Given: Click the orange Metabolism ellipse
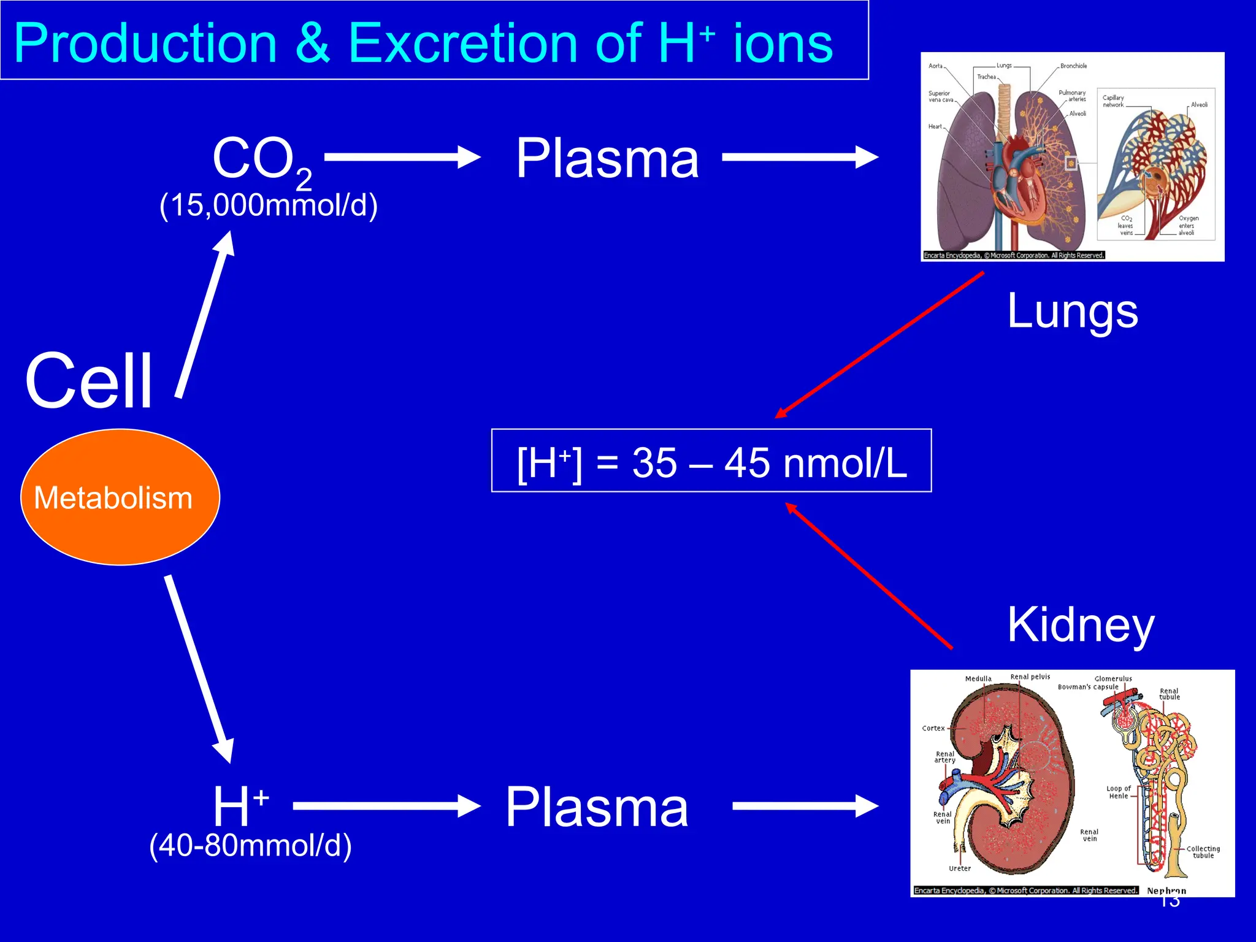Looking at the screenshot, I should tap(120, 497).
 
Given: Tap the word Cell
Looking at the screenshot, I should tap(89, 381).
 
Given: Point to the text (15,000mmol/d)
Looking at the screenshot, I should tap(268, 205).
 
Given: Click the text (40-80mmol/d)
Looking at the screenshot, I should tap(250, 846).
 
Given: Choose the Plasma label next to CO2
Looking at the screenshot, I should tap(607, 158).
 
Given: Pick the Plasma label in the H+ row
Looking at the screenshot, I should tap(597, 807).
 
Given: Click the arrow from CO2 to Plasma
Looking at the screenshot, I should tap(402, 157).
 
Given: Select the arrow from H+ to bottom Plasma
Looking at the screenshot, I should tap(386, 806).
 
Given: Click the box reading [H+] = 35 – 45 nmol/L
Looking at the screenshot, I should tap(711, 461).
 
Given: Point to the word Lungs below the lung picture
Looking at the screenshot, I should tap(1073, 312).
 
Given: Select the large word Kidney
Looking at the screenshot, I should tap(1081, 625).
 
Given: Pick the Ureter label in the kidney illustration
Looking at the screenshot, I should tap(960, 868).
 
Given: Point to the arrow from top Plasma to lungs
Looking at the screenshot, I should tap(800, 157).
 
